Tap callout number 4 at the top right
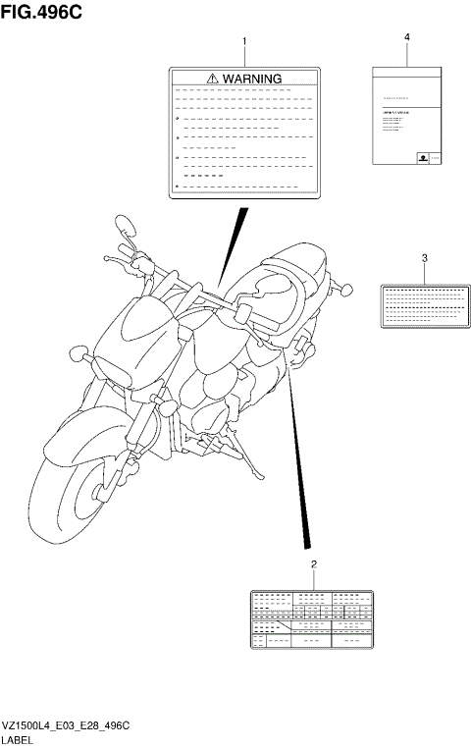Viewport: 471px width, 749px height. point(406,36)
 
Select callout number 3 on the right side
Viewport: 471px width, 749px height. point(424,258)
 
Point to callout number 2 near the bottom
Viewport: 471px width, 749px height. point(313,563)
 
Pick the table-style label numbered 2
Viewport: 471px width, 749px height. point(313,620)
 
